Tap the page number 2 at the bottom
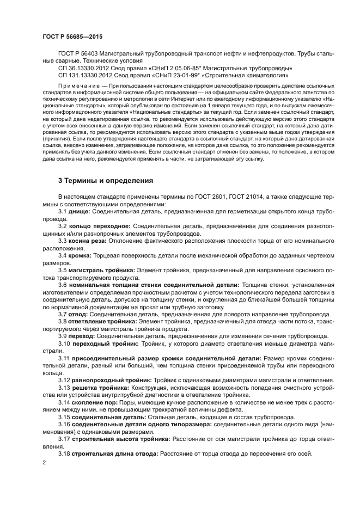(44, 463)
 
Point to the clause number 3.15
(64, 416)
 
